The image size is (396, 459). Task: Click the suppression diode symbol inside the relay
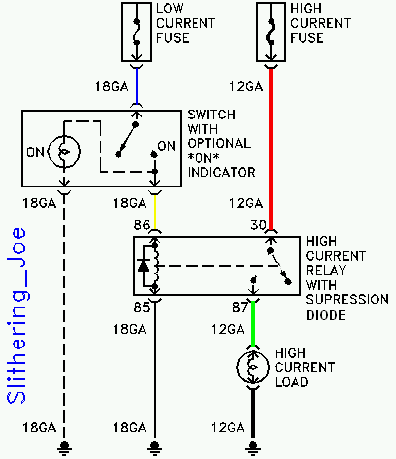click(x=146, y=266)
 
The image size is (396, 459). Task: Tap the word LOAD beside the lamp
click(x=292, y=381)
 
